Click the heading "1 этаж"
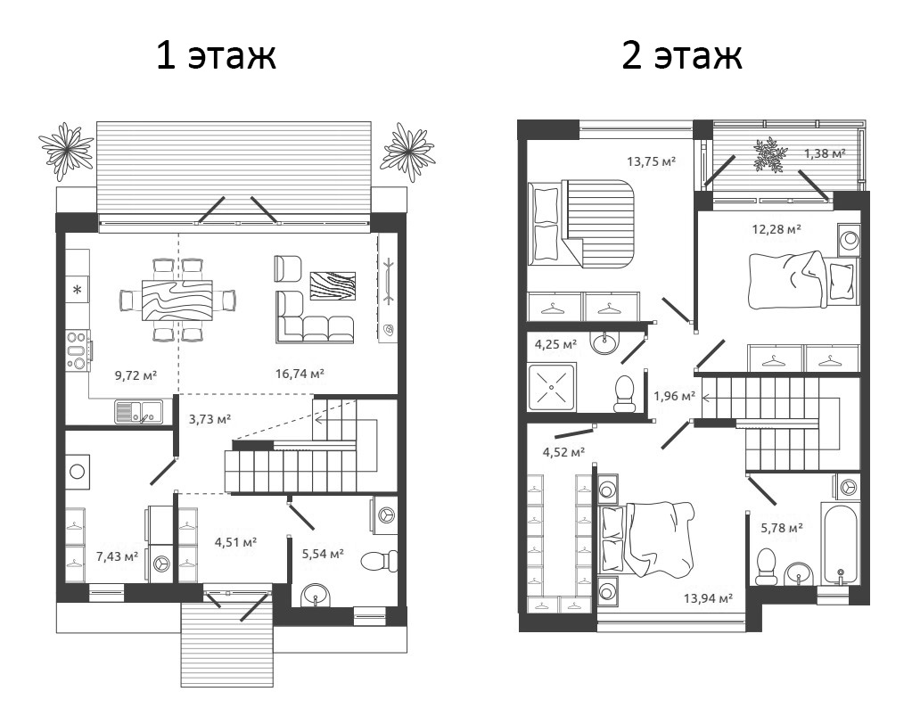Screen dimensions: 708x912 pos(216,55)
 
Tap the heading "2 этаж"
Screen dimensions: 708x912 pos(682,55)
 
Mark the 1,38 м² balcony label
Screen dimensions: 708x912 pos(824,153)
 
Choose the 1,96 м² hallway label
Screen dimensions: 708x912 pos(674,396)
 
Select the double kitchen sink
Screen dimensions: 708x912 pos(138,411)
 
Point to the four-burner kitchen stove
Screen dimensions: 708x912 pos(78,350)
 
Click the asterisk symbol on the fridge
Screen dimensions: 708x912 pos(77,290)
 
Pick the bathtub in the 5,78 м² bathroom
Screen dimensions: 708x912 pos(840,544)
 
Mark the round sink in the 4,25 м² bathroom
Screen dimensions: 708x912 pos(607,340)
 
